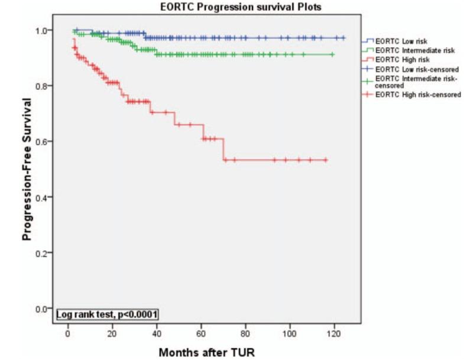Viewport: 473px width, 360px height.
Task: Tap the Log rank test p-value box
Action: pos(107,314)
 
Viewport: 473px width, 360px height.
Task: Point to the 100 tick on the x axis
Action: pos(289,328)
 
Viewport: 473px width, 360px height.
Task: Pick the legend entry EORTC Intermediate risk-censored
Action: pos(414,82)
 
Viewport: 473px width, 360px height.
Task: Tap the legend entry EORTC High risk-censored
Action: pos(414,95)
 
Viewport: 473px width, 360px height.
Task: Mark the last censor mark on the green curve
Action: pos(332,54)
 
